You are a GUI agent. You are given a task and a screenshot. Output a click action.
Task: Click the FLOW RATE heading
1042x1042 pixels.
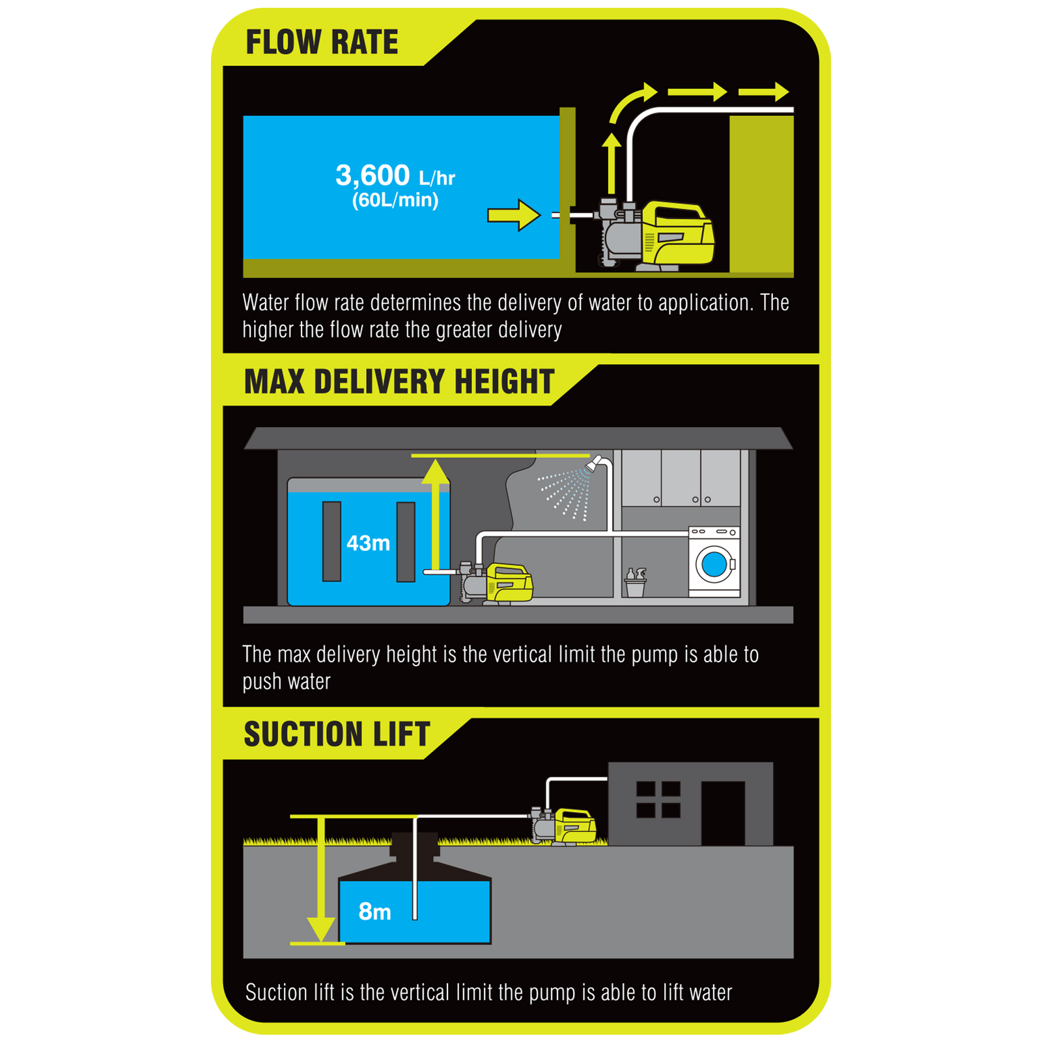click(322, 42)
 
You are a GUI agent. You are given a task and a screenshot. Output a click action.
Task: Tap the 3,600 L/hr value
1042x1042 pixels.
click(395, 175)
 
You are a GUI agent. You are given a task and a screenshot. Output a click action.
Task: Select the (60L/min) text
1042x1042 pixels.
click(395, 200)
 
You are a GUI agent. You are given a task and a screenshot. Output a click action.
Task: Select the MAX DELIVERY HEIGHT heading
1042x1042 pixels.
click(399, 382)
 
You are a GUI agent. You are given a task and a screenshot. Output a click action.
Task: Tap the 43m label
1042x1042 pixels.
click(368, 543)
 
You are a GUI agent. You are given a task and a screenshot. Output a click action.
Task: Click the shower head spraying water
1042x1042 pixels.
click(594, 463)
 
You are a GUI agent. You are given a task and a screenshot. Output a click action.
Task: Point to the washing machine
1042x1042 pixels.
click(714, 562)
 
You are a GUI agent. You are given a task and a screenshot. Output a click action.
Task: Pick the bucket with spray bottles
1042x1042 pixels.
click(635, 582)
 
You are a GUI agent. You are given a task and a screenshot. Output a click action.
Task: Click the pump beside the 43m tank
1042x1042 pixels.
click(496, 583)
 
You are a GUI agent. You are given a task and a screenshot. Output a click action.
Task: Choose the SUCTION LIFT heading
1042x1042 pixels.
click(337, 735)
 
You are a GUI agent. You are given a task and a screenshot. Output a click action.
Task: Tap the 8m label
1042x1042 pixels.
click(374, 912)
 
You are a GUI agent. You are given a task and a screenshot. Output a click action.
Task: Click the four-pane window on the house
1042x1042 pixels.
click(658, 799)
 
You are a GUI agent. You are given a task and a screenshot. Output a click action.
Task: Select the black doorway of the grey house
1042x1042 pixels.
click(723, 813)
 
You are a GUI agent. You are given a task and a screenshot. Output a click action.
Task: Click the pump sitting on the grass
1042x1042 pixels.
click(563, 827)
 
